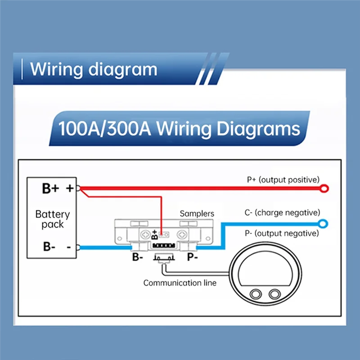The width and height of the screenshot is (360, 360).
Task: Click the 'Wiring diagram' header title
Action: pos(94,70)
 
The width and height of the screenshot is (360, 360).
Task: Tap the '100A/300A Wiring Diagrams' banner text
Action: pos(179,129)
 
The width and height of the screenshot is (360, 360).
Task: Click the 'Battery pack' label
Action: pos(53,219)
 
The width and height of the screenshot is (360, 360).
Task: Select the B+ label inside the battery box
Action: pos(50,189)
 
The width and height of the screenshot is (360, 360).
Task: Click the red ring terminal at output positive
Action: pos(323,188)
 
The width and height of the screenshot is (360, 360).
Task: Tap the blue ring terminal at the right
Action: pos(323,223)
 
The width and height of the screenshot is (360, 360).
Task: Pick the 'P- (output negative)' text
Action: pos(282,234)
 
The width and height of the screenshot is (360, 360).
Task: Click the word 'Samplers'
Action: pos(197,214)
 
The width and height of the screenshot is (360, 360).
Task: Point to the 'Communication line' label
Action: pos(180,283)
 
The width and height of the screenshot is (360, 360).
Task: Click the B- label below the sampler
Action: pos(137,257)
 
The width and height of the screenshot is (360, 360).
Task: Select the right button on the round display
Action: pos(274,294)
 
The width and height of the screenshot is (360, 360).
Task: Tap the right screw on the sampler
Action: pos(182,234)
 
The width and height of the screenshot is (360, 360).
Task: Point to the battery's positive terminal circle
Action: pos(78,189)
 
